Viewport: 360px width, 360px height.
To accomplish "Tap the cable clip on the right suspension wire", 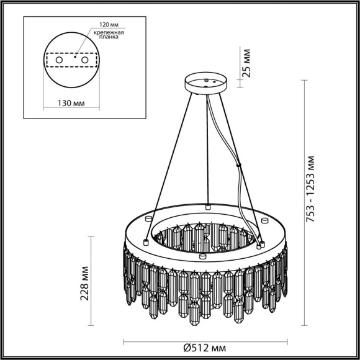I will coord(239,165).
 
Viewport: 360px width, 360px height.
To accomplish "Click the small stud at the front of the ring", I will coord(202,254).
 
